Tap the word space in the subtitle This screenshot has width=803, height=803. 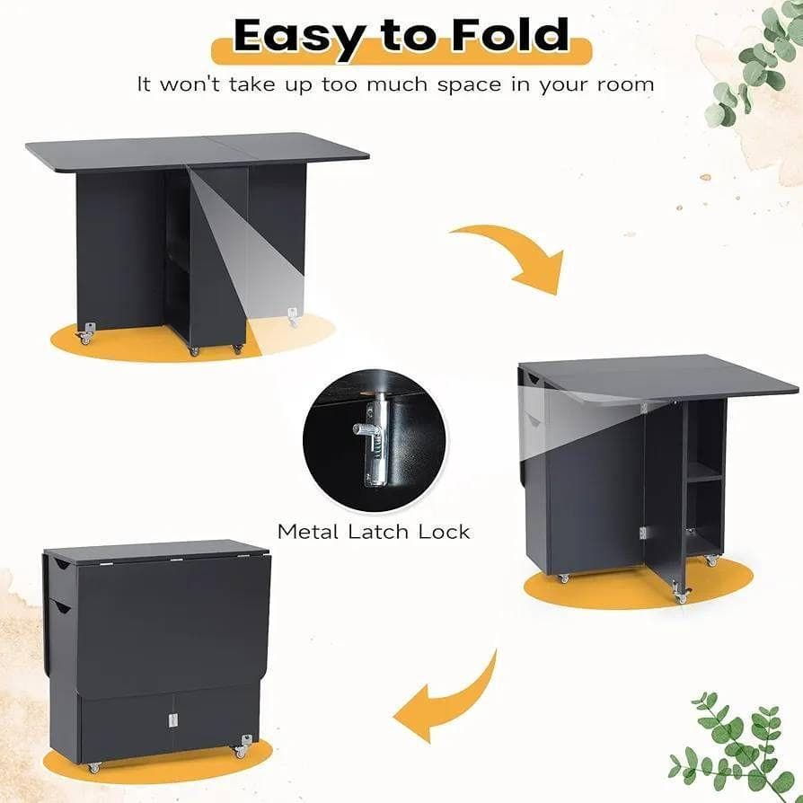point(470,85)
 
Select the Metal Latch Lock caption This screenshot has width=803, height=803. point(374,532)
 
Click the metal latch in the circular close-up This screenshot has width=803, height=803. point(375,439)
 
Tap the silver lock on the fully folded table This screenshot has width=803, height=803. point(173,720)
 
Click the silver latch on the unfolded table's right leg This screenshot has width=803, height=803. point(293,316)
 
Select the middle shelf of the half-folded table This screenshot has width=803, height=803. point(705,478)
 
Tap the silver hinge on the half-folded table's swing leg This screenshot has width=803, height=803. point(643,534)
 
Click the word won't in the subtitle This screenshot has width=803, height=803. point(190,84)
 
